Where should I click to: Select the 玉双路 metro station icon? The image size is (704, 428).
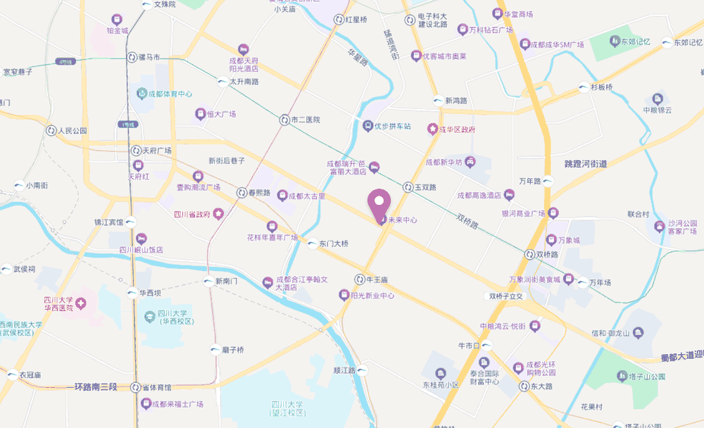[408, 187]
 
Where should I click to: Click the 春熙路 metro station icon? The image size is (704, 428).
[242, 191]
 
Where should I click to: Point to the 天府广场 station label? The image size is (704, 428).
[157, 151]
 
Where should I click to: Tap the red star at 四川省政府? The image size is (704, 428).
[219, 213]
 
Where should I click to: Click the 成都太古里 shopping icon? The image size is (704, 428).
[283, 195]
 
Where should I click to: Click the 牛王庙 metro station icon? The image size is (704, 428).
[359, 279]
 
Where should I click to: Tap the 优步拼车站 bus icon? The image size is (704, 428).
[367, 126]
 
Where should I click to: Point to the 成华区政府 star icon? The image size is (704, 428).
[433, 129]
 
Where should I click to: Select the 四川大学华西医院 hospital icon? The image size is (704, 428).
[82, 303]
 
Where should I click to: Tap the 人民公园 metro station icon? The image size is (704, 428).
[51, 130]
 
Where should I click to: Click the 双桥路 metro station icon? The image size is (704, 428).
[529, 254]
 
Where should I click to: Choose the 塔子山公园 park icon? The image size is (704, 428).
[622, 377]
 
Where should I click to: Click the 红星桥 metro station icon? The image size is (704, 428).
[339, 20]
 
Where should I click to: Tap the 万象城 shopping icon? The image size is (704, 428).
[553, 240]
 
